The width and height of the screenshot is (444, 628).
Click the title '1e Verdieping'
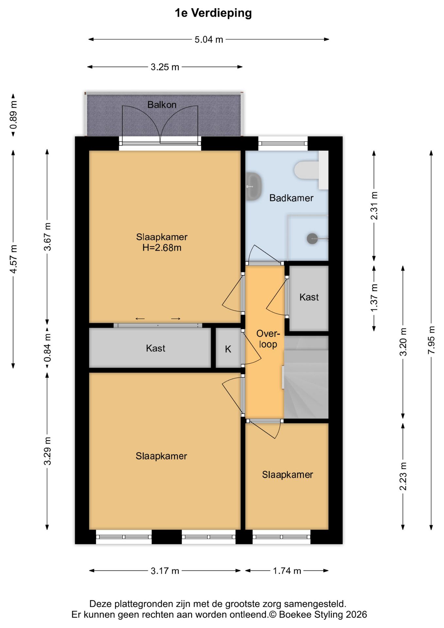[x=213, y=13]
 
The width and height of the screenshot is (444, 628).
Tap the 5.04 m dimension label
[x=209, y=40]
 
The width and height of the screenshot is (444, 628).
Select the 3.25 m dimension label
[x=165, y=67]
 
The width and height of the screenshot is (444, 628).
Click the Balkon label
[x=162, y=105]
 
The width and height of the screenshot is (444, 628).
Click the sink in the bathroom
[x=253, y=186]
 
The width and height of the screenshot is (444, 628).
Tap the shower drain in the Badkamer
[x=312, y=238]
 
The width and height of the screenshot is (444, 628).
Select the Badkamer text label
[x=291, y=198]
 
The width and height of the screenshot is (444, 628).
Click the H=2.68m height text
[x=162, y=248]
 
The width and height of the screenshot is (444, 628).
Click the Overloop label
[x=268, y=339]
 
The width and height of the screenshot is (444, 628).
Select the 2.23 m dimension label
[x=403, y=476]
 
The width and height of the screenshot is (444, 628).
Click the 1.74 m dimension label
[x=287, y=571]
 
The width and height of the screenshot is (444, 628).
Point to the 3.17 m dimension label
[x=165, y=571]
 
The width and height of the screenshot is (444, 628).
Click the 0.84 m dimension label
[x=47, y=348]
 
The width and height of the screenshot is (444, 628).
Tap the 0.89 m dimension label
[x=13, y=115]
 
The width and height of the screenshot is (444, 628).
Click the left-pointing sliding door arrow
[x=140, y=319]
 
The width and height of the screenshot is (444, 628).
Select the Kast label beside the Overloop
[x=309, y=297]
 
